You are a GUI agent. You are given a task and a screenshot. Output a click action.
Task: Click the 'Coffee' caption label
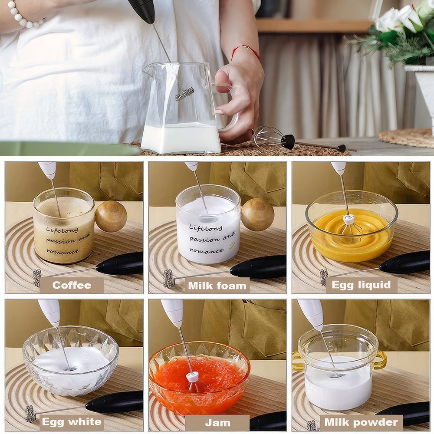point(72,285)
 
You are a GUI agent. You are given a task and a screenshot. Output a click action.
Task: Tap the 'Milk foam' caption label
point(217,286)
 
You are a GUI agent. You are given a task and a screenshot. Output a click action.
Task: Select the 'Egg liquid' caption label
point(361,285)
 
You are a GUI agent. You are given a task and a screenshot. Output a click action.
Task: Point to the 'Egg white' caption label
point(72,422)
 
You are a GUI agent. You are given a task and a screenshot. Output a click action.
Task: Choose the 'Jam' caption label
point(217,423)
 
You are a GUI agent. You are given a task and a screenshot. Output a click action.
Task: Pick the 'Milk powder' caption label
point(361,422)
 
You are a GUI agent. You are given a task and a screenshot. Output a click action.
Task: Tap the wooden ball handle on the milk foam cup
point(257,214)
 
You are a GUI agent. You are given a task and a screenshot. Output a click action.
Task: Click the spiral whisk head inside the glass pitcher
point(184,94)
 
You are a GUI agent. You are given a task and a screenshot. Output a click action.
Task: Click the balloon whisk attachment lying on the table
point(274,139)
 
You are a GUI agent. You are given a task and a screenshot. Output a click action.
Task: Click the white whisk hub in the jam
point(192,377)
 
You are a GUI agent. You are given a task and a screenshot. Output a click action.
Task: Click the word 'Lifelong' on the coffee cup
point(62,230)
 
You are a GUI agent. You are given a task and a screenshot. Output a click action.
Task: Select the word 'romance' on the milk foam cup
point(207,250)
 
